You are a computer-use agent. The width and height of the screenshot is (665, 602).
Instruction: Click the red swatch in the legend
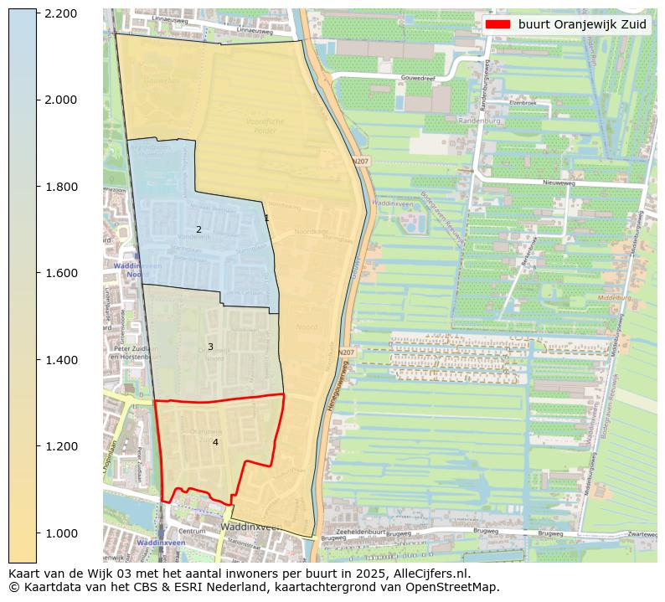click(x=497, y=24)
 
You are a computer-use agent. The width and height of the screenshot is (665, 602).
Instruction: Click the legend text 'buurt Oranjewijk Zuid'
click(x=582, y=24)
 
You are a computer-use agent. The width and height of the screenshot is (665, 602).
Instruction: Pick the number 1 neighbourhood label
click(x=266, y=218)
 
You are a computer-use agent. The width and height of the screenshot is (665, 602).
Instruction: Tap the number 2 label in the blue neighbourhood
click(x=198, y=229)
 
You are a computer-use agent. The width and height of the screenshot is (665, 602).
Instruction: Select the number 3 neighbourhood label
click(x=210, y=347)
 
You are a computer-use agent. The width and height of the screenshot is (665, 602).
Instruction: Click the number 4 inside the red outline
click(x=215, y=442)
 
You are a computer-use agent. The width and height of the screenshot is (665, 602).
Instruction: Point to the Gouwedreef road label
click(x=419, y=77)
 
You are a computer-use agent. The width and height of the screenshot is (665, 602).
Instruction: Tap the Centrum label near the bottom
click(x=192, y=531)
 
